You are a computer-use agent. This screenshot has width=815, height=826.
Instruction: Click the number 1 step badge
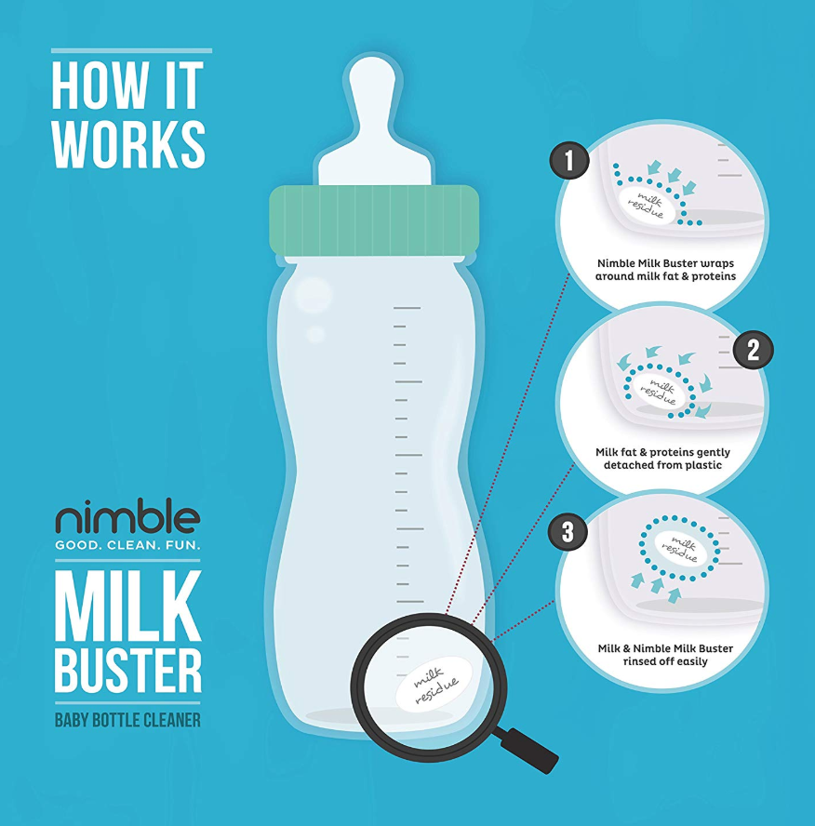tap(569, 160)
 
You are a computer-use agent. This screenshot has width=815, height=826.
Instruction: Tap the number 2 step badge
tap(754, 349)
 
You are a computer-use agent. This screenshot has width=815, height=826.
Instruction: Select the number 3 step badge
tap(568, 531)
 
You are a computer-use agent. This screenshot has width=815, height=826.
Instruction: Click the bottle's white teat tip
tap(372, 73)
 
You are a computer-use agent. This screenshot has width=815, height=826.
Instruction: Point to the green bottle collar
tap(374, 220)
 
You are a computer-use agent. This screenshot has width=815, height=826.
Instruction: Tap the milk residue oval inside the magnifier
tap(434, 684)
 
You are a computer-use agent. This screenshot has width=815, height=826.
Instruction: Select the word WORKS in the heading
tap(129, 143)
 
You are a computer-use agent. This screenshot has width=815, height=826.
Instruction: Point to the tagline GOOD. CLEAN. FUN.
tap(128, 545)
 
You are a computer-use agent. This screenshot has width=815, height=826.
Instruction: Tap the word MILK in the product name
tap(128, 605)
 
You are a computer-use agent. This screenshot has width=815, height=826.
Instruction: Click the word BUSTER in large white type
tap(128, 670)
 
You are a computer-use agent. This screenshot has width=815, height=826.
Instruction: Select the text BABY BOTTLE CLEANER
tap(128, 720)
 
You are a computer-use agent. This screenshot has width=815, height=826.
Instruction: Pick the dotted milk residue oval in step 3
tap(679, 549)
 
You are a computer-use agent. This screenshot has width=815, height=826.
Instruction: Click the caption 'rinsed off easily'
tap(665, 661)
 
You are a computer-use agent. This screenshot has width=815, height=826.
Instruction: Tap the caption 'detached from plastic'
tap(662, 465)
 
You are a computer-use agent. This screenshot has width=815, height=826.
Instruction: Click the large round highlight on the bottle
tap(314, 296)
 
